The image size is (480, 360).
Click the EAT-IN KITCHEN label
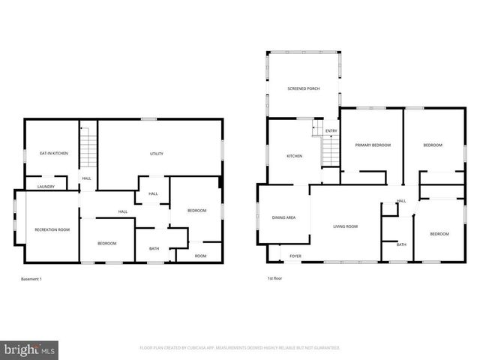point(54,153)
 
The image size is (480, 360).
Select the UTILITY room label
point(157,154)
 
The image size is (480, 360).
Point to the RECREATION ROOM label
point(52,229)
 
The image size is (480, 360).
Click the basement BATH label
point(154,248)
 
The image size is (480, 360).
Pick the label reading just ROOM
point(200,256)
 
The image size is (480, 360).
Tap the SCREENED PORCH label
point(304,88)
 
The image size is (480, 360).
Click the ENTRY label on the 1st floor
point(331,131)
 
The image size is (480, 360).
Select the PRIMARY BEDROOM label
point(373,145)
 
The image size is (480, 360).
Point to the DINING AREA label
point(283,217)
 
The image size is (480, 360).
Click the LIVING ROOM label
point(346,226)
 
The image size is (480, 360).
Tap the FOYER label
point(295,256)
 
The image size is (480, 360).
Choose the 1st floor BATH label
point(401,244)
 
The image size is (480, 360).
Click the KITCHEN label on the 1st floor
point(294,156)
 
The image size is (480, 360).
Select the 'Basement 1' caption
point(31,279)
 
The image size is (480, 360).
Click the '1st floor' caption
point(275,279)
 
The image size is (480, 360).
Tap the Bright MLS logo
point(30,349)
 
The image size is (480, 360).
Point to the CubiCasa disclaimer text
point(240,348)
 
